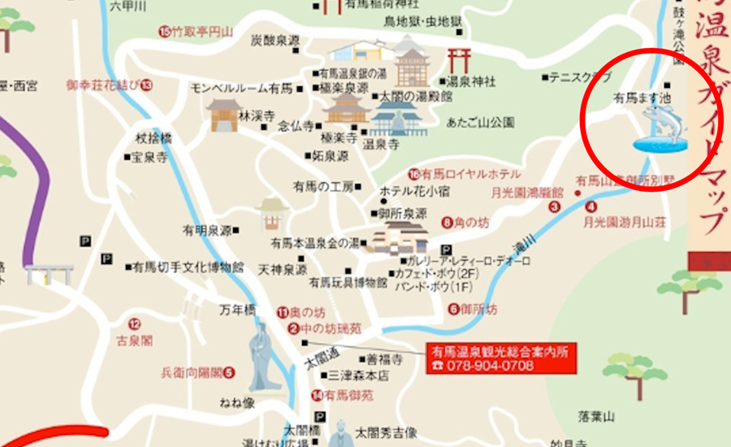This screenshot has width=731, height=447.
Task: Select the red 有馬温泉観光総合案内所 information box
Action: click(500, 358)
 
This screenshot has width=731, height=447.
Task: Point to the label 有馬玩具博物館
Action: click(348, 282)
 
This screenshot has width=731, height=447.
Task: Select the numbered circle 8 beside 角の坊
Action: click(447, 221)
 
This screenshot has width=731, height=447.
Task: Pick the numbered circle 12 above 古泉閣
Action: click(134, 323)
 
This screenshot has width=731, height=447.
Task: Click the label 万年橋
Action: click(238, 310)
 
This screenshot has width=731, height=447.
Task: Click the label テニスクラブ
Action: click(580, 77)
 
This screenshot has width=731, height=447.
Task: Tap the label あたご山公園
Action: click(481, 123)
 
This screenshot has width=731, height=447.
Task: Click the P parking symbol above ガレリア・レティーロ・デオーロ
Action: click(445, 250)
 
